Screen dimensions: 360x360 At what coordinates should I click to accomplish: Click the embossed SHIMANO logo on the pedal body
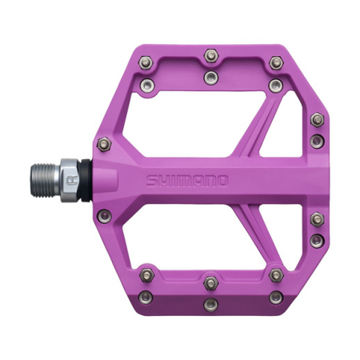pyautogui.click(x=188, y=180)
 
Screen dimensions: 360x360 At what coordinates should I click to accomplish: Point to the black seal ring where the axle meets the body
pyautogui.click(x=84, y=180)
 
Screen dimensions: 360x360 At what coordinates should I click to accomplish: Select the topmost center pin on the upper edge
pyautogui.click(x=210, y=54)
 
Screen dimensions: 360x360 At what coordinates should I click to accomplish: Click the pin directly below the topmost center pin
pyautogui.click(x=210, y=76)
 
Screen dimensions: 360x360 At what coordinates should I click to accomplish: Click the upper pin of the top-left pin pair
pyautogui.click(x=145, y=62)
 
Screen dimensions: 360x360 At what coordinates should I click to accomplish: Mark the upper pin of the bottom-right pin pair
pyautogui.click(x=274, y=275)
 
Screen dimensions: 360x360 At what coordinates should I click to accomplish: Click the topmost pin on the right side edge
pyautogui.click(x=317, y=120)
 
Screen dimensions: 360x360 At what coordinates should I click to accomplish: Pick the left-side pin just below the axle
pyautogui.click(x=102, y=214)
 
